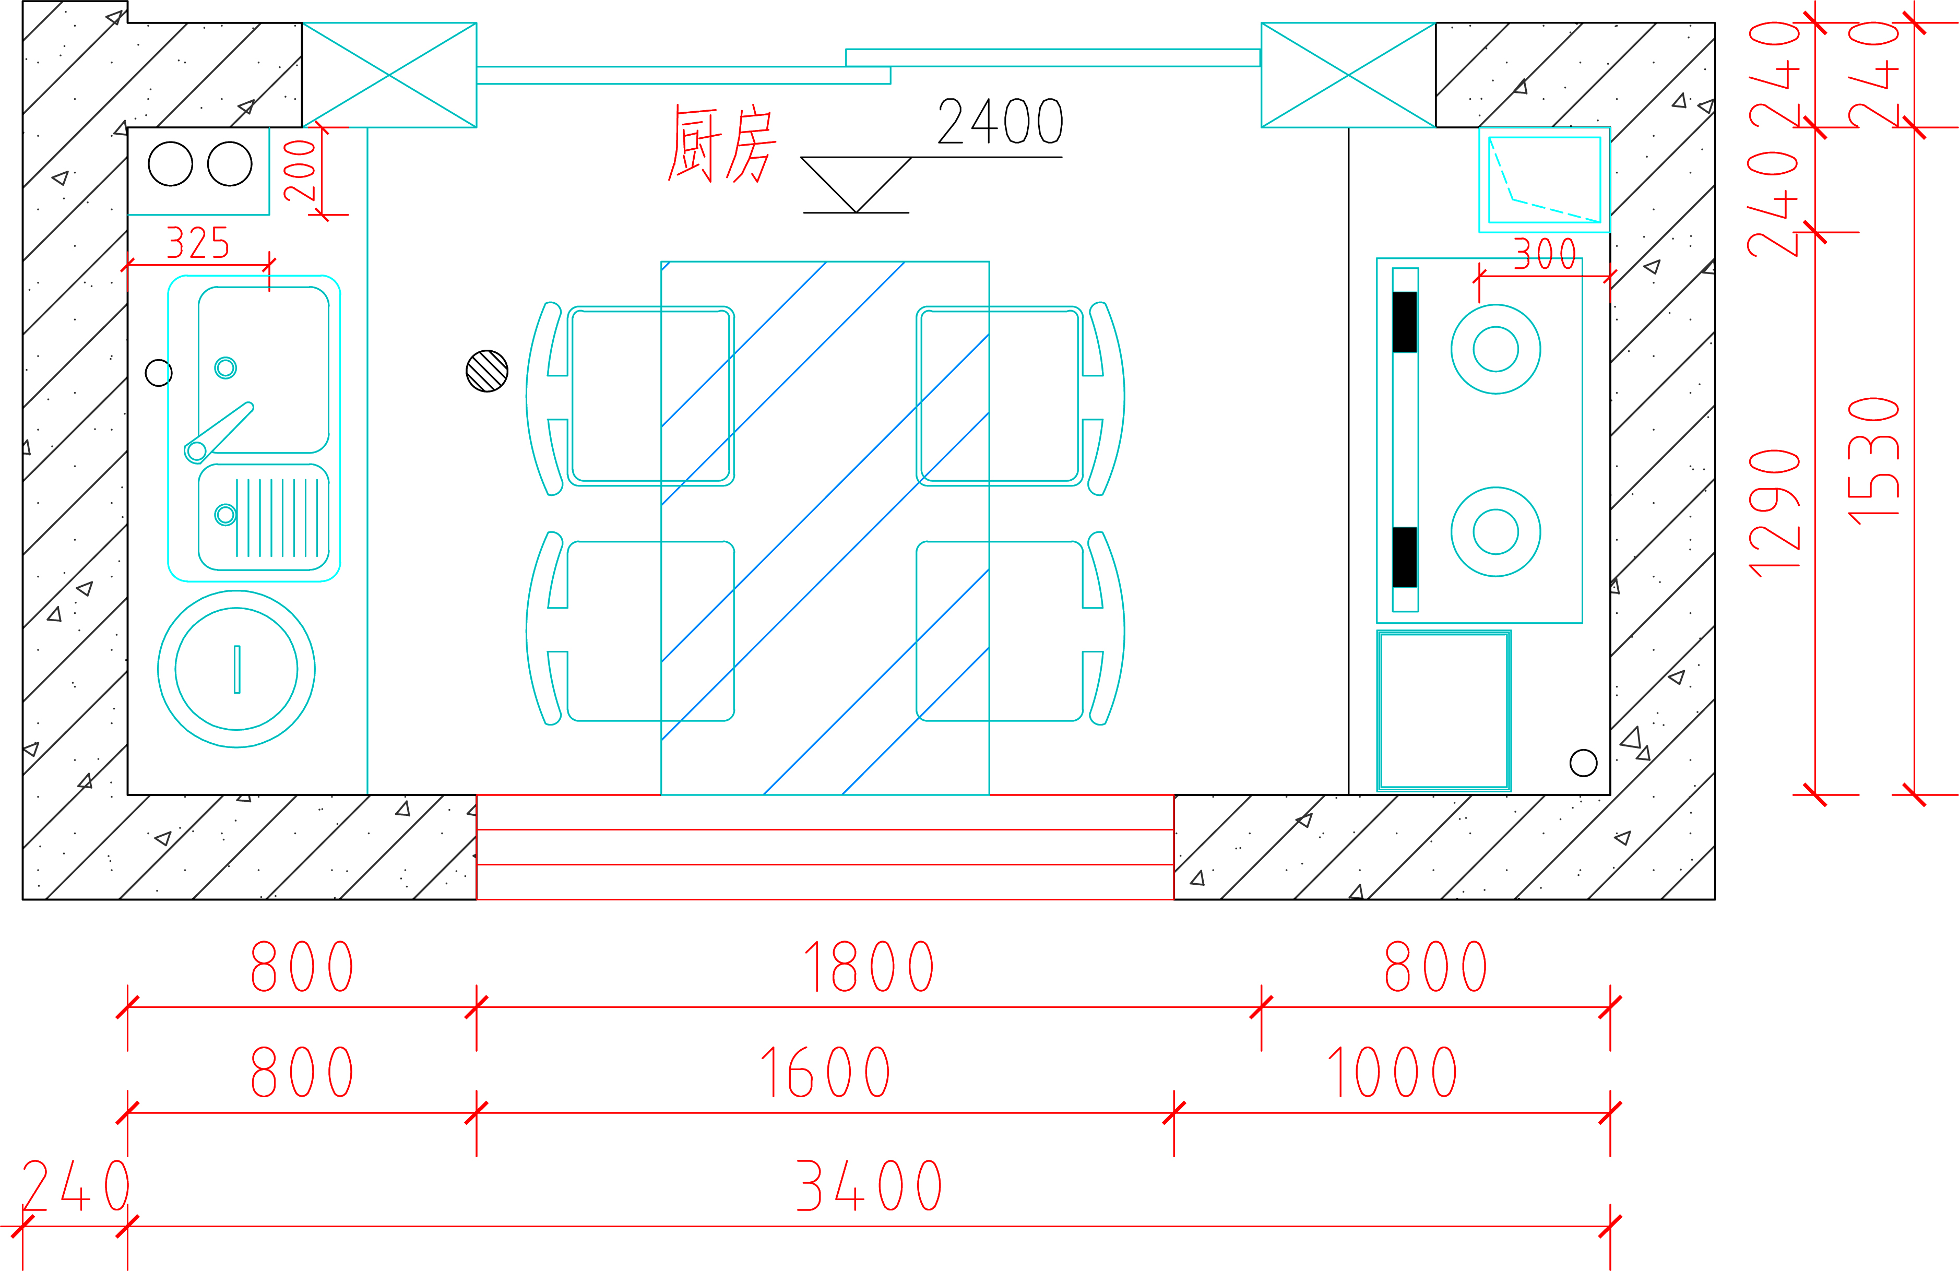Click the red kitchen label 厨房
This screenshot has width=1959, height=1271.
722,144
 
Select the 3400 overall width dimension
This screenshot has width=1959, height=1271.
869,1185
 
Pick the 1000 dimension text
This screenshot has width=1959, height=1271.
1392,1073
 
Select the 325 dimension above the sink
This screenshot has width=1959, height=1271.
197,243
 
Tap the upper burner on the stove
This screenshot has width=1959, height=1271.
1495,349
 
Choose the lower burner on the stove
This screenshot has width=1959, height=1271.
1495,532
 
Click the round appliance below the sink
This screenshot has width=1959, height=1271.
236,669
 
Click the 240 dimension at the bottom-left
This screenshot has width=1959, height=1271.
75,1185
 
